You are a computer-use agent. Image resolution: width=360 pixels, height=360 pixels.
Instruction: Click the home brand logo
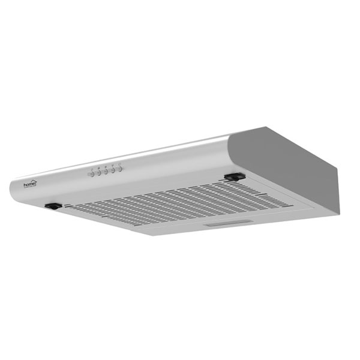(31, 184)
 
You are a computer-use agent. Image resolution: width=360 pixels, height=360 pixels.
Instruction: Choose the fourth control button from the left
(113, 171)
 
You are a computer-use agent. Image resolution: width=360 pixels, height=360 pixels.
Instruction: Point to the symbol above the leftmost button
(92, 169)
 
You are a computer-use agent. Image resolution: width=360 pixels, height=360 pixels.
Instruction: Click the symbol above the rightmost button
(119, 164)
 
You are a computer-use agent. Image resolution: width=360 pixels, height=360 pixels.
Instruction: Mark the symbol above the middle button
(106, 167)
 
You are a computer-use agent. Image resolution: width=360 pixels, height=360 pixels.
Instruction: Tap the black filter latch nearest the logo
(53, 206)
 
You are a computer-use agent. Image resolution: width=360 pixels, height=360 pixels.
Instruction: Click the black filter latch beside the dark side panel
(235, 176)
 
